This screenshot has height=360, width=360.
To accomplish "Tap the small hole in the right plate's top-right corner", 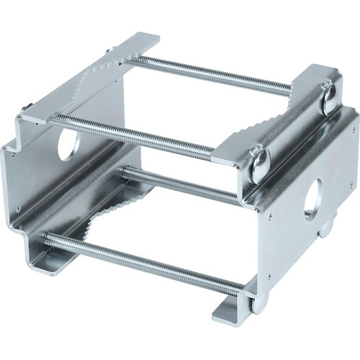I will tap(353, 130).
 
